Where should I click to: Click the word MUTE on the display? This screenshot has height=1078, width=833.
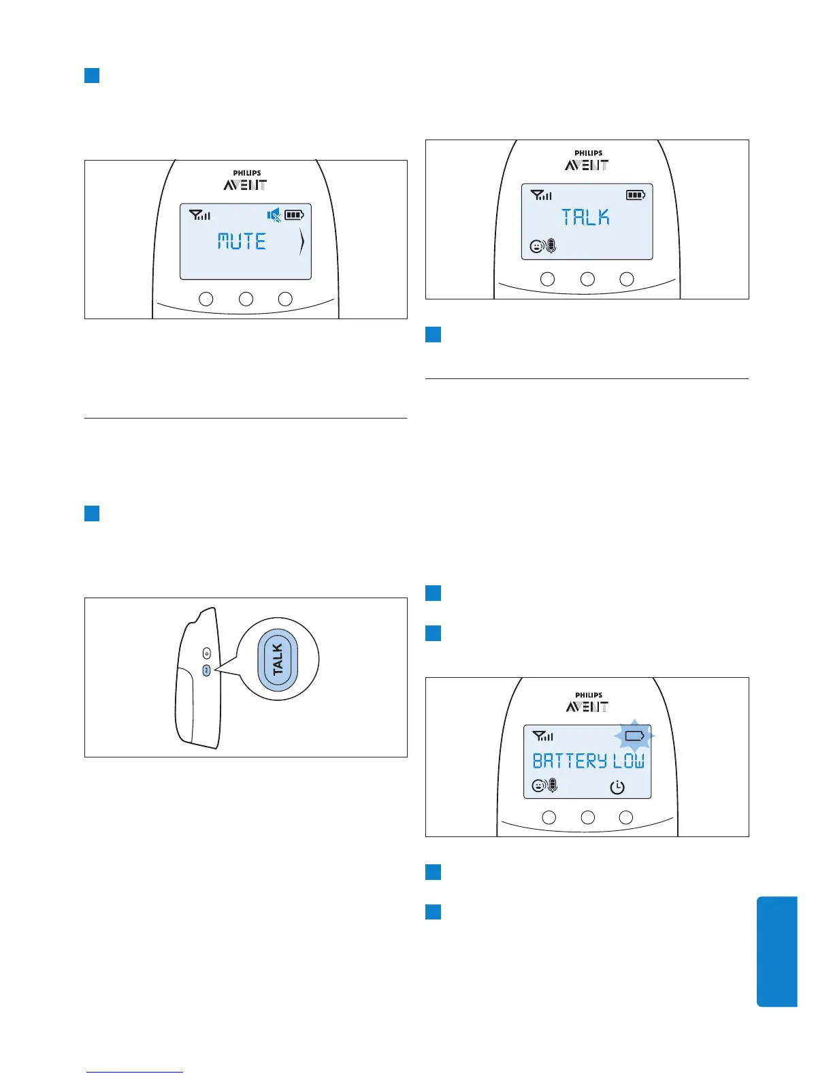(242, 241)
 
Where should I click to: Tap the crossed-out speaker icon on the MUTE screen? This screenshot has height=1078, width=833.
(274, 216)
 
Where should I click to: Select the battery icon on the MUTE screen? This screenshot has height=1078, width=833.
(294, 216)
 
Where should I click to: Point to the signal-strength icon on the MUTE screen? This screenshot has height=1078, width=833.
(199, 216)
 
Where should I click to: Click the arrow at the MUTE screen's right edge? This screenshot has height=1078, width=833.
(301, 242)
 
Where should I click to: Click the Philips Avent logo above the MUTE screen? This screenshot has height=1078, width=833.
(245, 181)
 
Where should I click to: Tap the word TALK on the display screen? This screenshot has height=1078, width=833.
(585, 217)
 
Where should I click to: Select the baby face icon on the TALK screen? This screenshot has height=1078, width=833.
(537, 247)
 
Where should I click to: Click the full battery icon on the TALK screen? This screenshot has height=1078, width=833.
(636, 195)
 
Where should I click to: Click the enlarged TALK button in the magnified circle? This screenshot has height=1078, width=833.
(277, 659)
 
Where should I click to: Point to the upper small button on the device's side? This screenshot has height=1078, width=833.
(207, 653)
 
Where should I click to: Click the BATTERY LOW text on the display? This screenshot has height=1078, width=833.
(588, 761)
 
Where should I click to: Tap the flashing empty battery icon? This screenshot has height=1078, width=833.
(634, 736)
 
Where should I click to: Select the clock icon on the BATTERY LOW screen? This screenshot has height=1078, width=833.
(617, 787)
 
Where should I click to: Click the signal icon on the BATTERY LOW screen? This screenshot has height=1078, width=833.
(542, 736)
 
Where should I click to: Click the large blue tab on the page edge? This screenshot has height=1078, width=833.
(777, 951)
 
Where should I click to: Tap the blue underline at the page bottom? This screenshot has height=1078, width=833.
(135, 1072)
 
